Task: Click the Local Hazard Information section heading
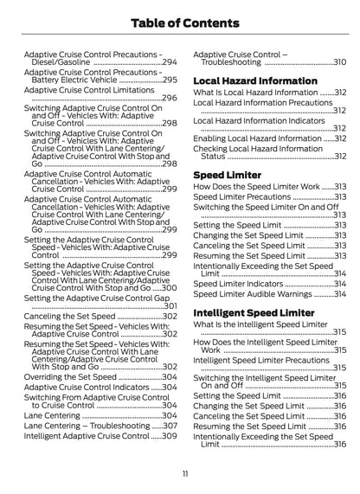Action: click(x=260, y=80)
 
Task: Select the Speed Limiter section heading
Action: click(x=228, y=174)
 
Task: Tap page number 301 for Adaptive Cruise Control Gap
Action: click(x=170, y=306)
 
